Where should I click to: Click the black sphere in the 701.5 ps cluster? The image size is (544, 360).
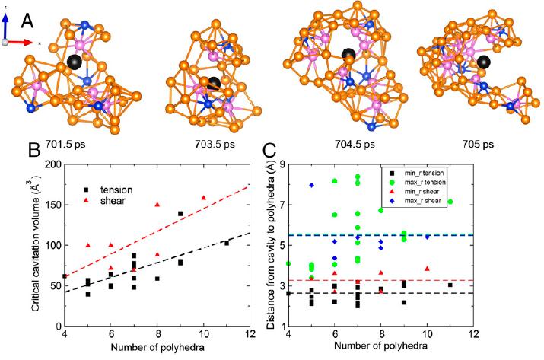coord(75,62)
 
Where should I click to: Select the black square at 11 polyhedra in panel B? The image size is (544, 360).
coord(226,244)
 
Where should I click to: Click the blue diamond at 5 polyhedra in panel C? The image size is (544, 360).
coord(311,186)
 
